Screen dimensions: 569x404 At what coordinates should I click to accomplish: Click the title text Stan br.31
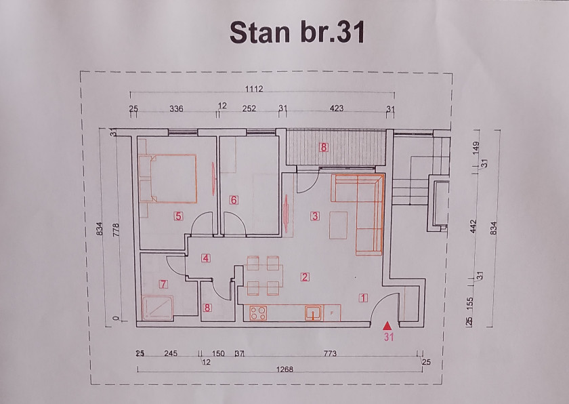point(297,33)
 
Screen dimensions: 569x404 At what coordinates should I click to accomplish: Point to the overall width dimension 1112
point(254,89)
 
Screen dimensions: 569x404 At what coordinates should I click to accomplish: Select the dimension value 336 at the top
point(176,108)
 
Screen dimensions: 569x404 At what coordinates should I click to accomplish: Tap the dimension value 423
point(337,108)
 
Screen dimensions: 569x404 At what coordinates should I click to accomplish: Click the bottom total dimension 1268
point(284,369)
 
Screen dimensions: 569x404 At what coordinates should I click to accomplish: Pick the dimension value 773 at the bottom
point(330,353)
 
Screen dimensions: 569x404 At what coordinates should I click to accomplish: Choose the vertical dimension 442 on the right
point(473,226)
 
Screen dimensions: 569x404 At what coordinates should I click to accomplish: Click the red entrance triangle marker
point(387,325)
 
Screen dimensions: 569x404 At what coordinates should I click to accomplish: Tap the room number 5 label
point(178,216)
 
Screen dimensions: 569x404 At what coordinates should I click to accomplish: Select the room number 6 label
point(234,200)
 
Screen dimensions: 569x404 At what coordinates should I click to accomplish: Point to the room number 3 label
point(315,216)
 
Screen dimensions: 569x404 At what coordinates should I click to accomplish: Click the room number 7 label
point(164,284)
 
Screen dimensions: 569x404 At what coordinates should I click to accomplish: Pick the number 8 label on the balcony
point(324,147)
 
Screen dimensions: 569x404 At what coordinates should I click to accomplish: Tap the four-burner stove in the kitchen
point(258,313)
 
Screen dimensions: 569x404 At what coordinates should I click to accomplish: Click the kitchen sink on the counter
point(313,313)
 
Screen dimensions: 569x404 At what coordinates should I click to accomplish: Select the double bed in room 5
point(168,178)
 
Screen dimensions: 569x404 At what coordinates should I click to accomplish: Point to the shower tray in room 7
point(157,308)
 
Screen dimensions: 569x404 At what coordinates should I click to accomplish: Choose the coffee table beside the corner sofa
point(338,225)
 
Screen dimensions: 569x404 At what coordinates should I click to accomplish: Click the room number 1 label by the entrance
point(363,298)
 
